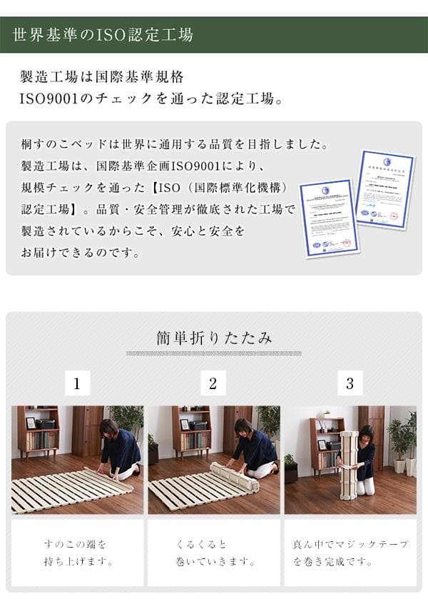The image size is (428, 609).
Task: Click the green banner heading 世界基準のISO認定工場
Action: click(103, 34)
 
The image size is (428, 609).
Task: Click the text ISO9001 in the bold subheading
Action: click(48, 98)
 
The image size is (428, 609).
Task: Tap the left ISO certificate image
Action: click(329, 217)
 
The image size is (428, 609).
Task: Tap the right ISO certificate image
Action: click(384, 188)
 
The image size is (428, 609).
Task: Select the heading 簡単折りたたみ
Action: click(214, 338)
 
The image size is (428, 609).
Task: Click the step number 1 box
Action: click(77, 383)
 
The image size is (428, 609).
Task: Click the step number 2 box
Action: click(213, 383)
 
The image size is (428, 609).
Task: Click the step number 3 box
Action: click(350, 383)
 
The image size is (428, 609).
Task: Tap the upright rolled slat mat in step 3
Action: click(348, 465)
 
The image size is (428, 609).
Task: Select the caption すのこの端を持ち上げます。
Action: click(77, 553)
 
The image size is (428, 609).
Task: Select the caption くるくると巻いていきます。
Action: click(213, 553)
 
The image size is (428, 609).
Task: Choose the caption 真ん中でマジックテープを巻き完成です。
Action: click(350, 553)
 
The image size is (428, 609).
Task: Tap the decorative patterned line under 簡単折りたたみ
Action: click(214, 353)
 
